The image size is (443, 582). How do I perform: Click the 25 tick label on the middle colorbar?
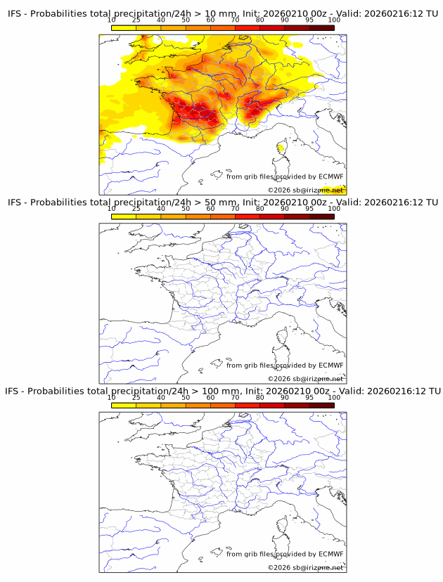(x=136, y=209)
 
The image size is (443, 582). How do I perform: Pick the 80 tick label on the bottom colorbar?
(x=260, y=397)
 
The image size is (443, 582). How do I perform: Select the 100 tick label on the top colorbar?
(x=334, y=20)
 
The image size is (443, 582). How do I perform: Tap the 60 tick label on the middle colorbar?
(x=210, y=209)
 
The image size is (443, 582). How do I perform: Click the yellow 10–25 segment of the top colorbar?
(x=124, y=27)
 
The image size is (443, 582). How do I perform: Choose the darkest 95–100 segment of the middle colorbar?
(x=321, y=216)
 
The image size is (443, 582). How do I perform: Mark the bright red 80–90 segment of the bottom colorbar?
(x=272, y=405)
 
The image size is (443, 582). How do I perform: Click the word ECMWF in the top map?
(x=330, y=176)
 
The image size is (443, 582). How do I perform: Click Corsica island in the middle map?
(x=282, y=337)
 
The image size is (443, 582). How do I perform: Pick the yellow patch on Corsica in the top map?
(x=282, y=148)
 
